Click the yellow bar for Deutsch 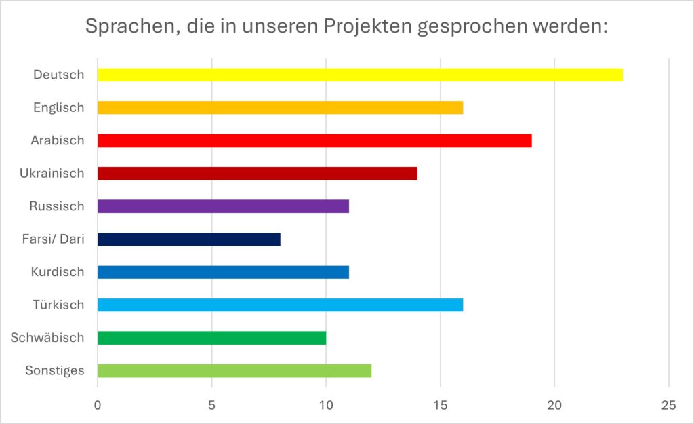point(360,75)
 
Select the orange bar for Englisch point(280,107)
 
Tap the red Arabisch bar point(314,140)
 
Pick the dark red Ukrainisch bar point(258,173)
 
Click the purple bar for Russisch point(223,206)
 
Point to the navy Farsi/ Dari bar point(188,239)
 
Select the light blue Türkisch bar point(280,305)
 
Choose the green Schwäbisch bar point(211,337)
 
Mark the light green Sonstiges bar point(234,370)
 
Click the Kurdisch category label point(58,272)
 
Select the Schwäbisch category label point(47,337)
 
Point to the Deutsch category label point(59,75)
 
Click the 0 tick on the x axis point(98,405)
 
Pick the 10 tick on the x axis point(326,405)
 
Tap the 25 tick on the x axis point(669,405)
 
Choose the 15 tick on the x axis point(441,405)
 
